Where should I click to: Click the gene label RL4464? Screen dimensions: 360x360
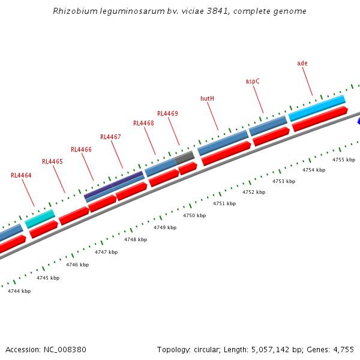21,176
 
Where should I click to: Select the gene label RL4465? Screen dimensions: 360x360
52,162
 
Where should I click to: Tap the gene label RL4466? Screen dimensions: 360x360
81,149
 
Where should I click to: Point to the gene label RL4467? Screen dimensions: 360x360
110,137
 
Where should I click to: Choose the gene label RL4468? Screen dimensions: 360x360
143,124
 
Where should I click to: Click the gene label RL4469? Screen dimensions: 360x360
167,113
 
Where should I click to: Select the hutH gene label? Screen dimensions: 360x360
207,98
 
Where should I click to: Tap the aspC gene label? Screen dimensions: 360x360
253,81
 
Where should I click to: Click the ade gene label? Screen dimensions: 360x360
302,63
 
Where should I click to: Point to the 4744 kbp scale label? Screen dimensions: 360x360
19,291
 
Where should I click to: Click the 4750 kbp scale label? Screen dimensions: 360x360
194,215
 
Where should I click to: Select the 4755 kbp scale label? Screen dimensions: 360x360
344,160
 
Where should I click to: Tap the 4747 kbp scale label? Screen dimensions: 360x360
106,252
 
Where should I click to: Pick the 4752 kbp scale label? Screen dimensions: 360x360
254,192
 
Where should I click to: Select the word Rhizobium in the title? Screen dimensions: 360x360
71,11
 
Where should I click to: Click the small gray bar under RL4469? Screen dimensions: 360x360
185,158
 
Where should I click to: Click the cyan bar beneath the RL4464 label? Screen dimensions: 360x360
40,218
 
